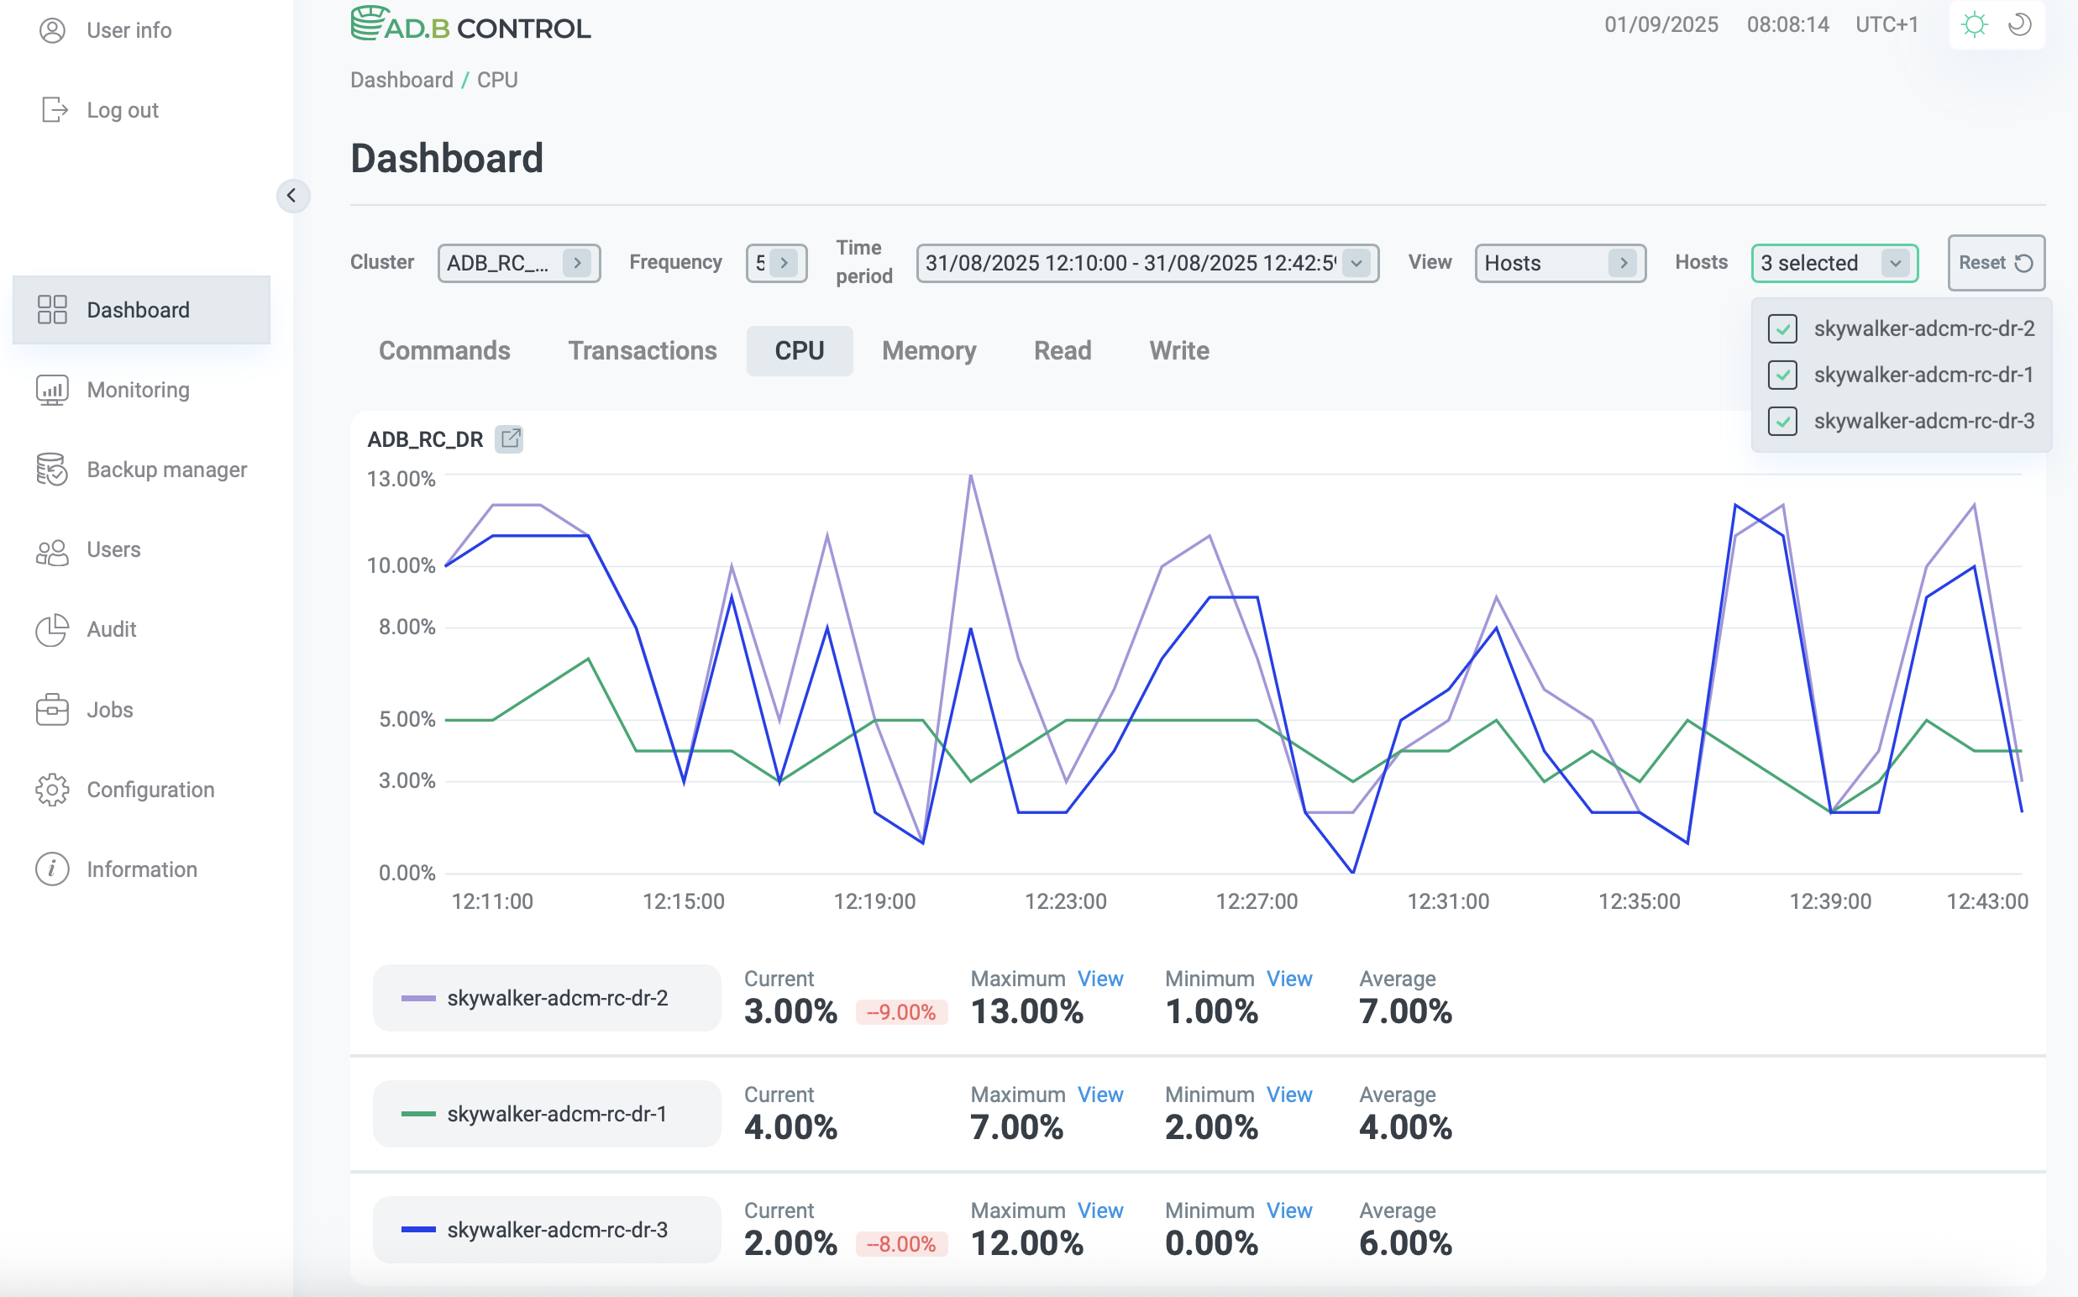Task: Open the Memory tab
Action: (x=928, y=351)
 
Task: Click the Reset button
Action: (x=1995, y=262)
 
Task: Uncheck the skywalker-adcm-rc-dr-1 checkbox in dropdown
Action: (x=1782, y=375)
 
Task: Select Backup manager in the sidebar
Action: (x=166, y=470)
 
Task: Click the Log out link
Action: (x=122, y=110)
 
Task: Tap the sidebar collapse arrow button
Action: (x=292, y=196)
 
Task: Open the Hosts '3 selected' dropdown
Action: (x=1834, y=262)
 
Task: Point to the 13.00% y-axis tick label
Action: (x=401, y=479)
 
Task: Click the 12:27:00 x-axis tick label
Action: (x=1257, y=901)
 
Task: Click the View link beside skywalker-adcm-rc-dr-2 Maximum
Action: (x=1099, y=979)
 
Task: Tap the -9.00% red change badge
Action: (x=900, y=1012)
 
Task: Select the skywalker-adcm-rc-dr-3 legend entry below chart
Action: (x=546, y=1229)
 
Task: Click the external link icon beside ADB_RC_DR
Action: (x=510, y=439)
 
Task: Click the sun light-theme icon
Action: (x=1974, y=25)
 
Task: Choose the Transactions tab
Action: (x=642, y=351)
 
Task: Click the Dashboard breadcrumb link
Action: (x=401, y=80)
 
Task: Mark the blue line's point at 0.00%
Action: (x=1352, y=873)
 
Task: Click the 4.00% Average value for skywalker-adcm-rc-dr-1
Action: (x=1404, y=1127)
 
